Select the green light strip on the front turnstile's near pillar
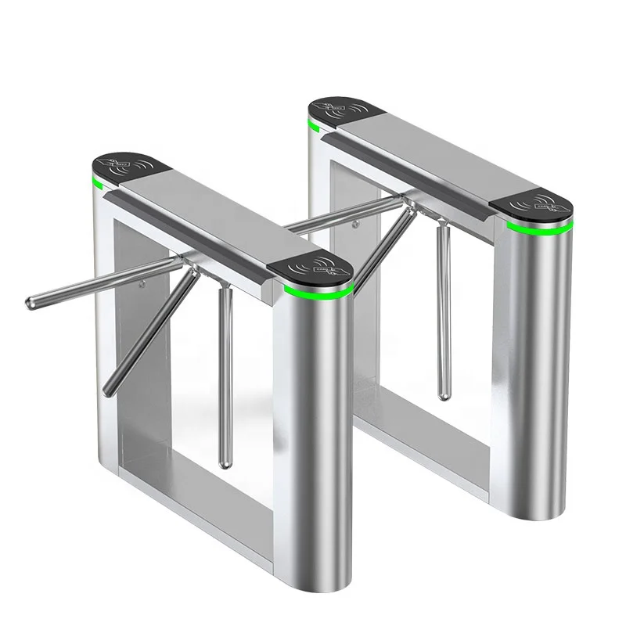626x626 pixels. coord(317,291)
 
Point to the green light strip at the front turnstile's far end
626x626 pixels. coord(99,185)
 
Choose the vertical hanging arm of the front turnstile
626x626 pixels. coord(224,376)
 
